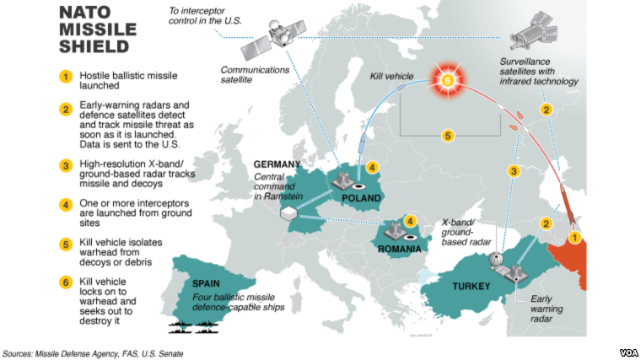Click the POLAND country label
click(362, 197)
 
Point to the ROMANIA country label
click(399, 250)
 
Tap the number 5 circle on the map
click(448, 136)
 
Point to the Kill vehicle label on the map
click(393, 77)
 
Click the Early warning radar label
click(547, 309)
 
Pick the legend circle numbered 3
click(64, 164)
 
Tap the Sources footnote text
click(94, 352)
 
